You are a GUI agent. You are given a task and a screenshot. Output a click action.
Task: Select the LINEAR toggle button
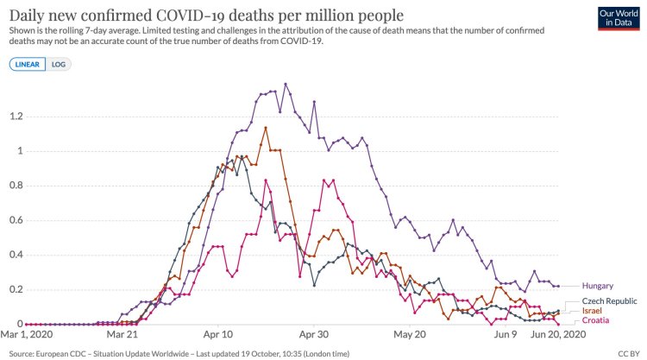click(28, 65)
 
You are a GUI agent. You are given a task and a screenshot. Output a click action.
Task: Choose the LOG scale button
click(60, 65)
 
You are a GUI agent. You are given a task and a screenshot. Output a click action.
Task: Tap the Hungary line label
click(598, 286)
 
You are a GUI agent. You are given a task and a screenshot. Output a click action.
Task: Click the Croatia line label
click(596, 321)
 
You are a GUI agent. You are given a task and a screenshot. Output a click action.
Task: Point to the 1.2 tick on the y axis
click(16, 117)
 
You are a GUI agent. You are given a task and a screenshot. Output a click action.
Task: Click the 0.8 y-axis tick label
click(16, 186)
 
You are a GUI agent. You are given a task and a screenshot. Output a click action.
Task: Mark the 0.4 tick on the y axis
click(16, 255)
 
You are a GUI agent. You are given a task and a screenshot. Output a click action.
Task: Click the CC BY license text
click(629, 353)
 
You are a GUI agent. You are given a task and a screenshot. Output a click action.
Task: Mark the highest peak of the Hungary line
click(286, 84)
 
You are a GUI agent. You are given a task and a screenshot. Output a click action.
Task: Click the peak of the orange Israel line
click(266, 128)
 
